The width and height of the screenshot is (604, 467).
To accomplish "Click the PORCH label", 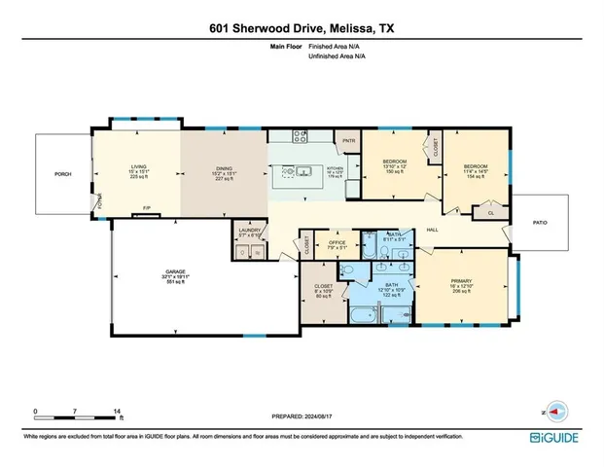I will pyautogui.click(x=63, y=174).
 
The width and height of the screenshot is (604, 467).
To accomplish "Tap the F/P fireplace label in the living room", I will pyautogui.click(x=147, y=209).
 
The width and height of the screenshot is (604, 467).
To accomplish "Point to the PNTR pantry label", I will pyautogui.click(x=348, y=142).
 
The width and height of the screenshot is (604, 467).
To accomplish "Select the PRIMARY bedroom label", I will pyautogui.click(x=461, y=284).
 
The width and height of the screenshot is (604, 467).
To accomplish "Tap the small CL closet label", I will pyautogui.click(x=490, y=212).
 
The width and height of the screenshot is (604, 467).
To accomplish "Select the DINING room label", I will pyautogui.click(x=225, y=168).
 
